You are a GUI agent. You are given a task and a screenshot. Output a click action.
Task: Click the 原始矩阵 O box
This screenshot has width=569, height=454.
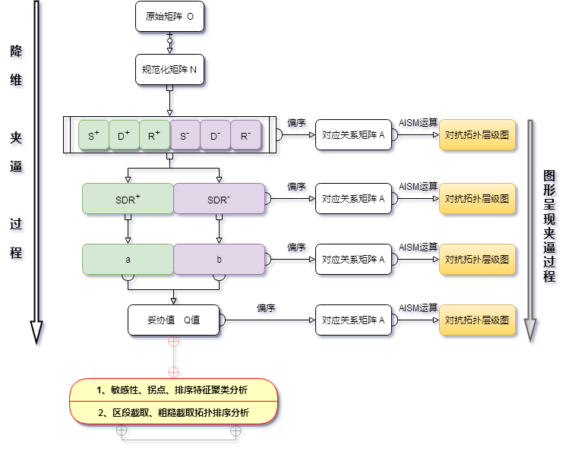pyautogui.click(x=169, y=16)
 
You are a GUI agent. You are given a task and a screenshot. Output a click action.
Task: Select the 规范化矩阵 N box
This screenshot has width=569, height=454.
pyautogui.click(x=169, y=70)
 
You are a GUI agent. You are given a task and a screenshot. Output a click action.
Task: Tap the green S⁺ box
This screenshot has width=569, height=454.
pyautogui.click(x=93, y=137)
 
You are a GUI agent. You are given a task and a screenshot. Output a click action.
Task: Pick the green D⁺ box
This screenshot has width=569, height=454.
pyautogui.click(x=124, y=137)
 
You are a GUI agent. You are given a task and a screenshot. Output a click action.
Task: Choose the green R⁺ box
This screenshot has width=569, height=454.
pyautogui.click(x=154, y=137)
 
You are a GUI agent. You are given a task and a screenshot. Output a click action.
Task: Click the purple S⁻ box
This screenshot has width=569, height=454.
pyautogui.click(x=185, y=137)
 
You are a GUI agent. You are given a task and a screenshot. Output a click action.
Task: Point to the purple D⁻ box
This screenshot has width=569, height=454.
pyautogui.click(x=215, y=137)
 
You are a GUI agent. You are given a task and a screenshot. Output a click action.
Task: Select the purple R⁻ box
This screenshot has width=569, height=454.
pyautogui.click(x=245, y=137)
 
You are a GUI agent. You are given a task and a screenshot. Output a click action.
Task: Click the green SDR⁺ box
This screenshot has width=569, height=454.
pyautogui.click(x=128, y=200)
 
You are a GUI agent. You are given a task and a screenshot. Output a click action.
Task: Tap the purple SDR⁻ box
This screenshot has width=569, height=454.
pyautogui.click(x=219, y=200)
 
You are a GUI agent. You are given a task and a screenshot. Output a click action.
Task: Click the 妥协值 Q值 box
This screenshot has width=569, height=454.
pyautogui.click(x=173, y=320)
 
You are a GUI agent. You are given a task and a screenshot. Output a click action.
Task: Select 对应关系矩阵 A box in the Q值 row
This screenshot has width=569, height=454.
pyautogui.click(x=353, y=320)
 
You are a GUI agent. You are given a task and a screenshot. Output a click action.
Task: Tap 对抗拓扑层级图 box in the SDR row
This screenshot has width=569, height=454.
pyautogui.click(x=476, y=199)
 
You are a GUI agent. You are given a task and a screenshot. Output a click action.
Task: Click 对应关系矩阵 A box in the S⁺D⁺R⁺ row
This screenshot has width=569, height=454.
pyautogui.click(x=353, y=137)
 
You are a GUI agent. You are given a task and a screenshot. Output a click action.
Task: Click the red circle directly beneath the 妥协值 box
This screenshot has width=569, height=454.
pyautogui.click(x=173, y=342)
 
